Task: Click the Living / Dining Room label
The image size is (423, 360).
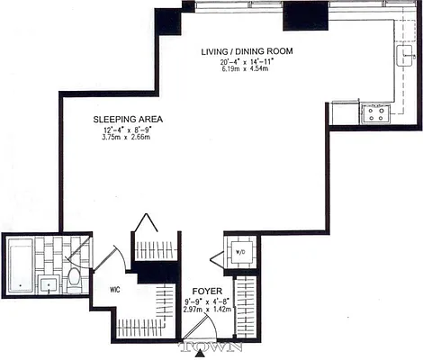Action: [x=247, y=51]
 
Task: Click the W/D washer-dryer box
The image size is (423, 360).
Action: [x=240, y=252]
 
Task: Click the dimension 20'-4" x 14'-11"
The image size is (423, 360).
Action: [x=247, y=62]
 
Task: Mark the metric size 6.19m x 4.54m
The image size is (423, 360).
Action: [x=247, y=71]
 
